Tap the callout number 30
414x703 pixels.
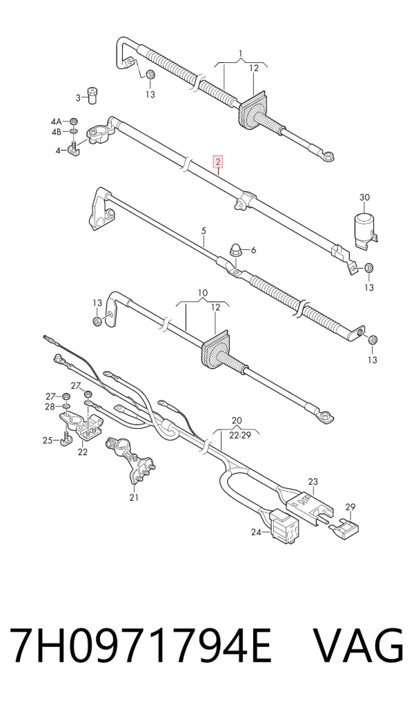point(365,198)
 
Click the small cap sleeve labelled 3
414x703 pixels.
point(93,95)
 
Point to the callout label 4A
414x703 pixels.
point(55,122)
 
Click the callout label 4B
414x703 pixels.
point(55,132)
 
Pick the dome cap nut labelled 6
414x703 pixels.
point(235,250)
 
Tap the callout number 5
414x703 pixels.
point(204,231)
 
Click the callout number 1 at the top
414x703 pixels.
point(241,55)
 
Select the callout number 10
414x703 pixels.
point(203,293)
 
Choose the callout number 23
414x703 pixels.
point(313,481)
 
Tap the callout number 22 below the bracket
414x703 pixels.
point(82,452)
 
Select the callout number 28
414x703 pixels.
point(49,406)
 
